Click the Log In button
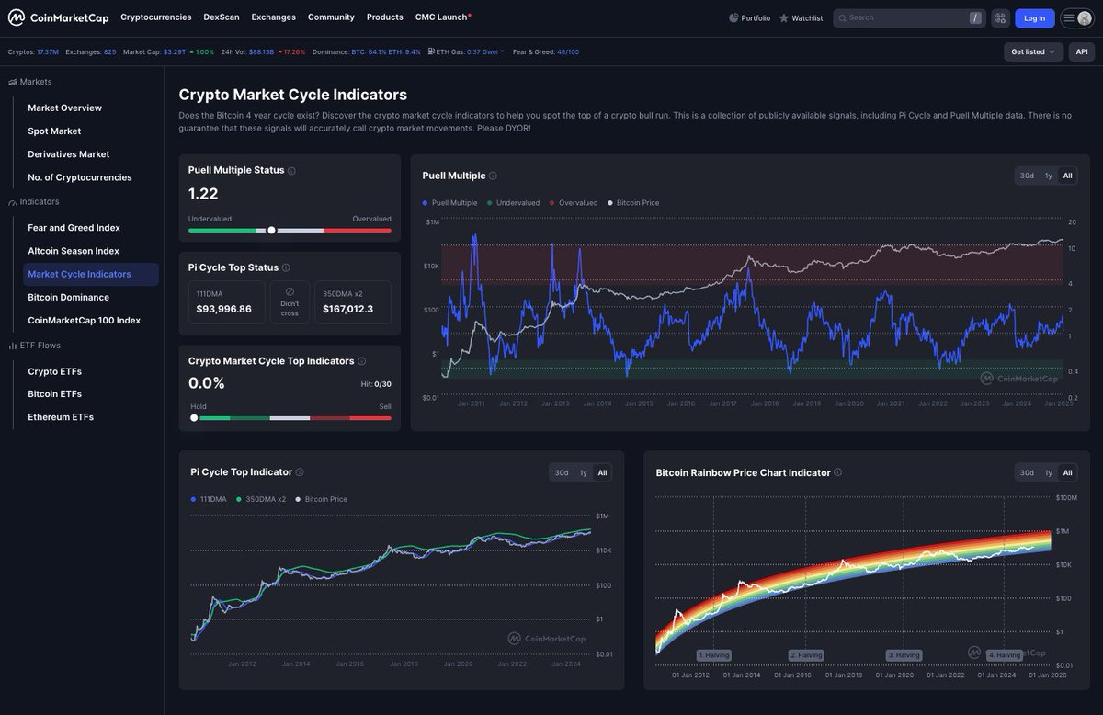pyautogui.click(x=1034, y=17)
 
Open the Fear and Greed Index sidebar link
pyautogui.click(x=74, y=228)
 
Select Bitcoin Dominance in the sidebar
pyautogui.click(x=68, y=297)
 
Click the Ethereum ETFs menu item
pyautogui.click(x=61, y=417)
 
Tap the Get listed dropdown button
pyautogui.click(x=1033, y=51)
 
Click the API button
pyautogui.click(x=1082, y=51)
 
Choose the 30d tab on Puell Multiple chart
pyautogui.click(x=1027, y=176)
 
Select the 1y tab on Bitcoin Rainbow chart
pyautogui.click(x=1048, y=472)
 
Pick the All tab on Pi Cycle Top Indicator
pyautogui.click(x=602, y=472)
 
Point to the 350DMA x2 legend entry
pyautogui.click(x=265, y=499)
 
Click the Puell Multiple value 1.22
pyautogui.click(x=204, y=193)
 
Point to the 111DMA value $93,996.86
pyautogui.click(x=223, y=309)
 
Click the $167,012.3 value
pyautogui.click(x=347, y=309)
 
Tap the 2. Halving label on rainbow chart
pyautogui.click(x=806, y=655)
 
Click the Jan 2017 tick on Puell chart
pyautogui.click(x=722, y=403)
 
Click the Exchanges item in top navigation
pyautogui.click(x=273, y=17)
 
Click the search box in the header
pyautogui.click(x=901, y=17)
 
